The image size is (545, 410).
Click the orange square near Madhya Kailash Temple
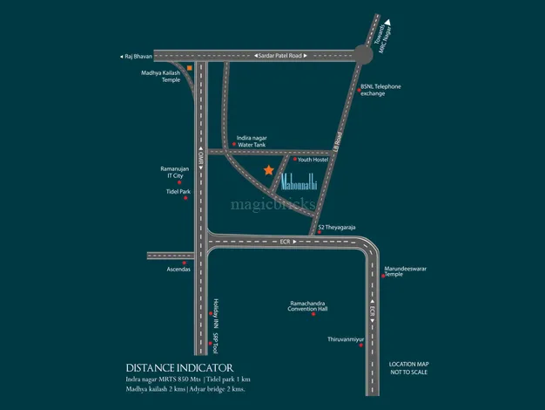189,67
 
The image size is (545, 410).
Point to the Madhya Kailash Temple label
161,76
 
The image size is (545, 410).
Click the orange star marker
269,169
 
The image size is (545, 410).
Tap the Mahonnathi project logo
311,185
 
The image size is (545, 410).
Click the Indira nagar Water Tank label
250,140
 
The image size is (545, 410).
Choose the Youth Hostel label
318,160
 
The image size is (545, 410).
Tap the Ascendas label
173,269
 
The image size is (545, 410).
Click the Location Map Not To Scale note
408,366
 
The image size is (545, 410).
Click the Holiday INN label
215,312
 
